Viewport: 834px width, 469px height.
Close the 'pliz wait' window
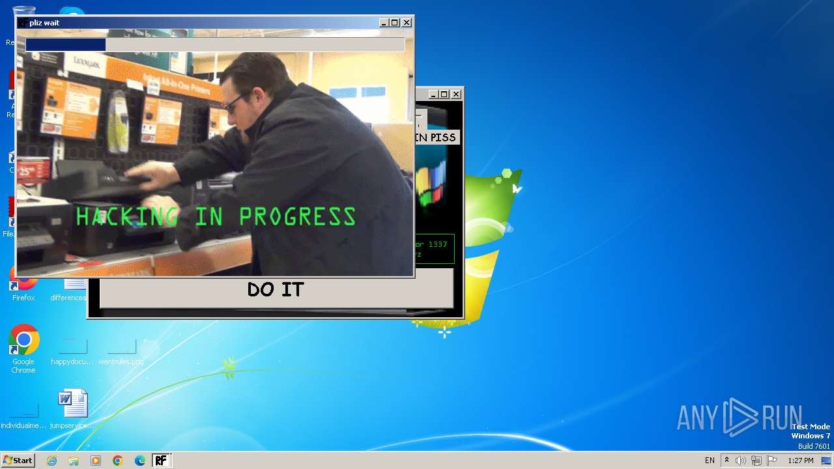pos(407,23)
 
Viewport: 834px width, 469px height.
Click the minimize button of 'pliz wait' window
pos(384,23)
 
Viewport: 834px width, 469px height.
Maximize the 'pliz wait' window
pos(395,23)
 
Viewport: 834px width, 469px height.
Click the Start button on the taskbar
pos(18,461)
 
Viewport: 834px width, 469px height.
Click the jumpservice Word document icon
pos(72,404)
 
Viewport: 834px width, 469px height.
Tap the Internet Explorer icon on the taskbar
pos(51,461)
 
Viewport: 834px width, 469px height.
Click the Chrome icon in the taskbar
pos(118,461)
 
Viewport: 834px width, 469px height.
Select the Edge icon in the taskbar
pos(140,461)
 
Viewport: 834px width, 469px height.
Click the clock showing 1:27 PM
pos(801,461)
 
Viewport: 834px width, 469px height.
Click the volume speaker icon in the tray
pos(741,461)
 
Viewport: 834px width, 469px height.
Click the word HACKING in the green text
pos(127,216)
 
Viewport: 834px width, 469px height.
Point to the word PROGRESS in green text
pos(297,216)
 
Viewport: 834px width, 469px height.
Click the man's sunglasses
pos(233,103)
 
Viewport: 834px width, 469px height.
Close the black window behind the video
pos(456,94)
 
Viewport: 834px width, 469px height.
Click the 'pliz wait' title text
pos(44,23)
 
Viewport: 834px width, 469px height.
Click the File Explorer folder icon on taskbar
pos(74,461)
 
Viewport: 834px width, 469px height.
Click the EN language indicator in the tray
pos(710,461)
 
